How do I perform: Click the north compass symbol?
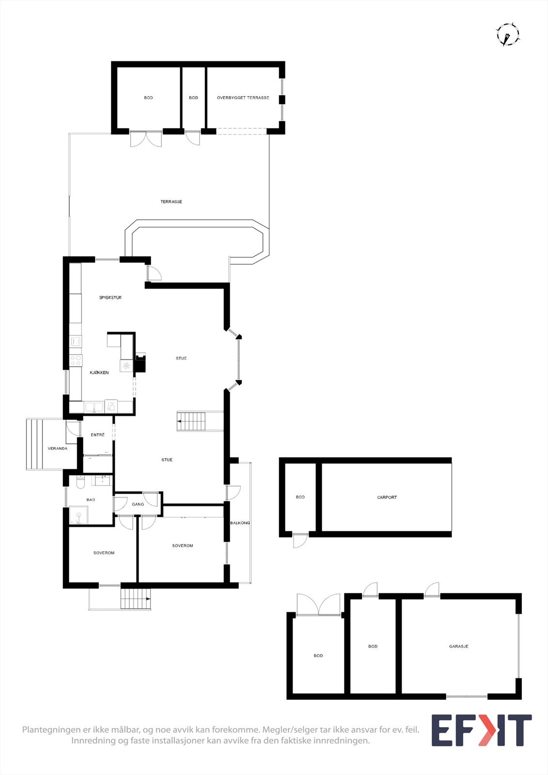pos(507,34)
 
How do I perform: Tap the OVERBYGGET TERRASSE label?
pos(243,98)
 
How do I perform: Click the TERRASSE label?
pos(172,201)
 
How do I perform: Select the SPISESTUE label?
pos(110,297)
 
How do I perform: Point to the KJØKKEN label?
pos(99,372)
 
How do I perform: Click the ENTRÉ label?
pos(98,435)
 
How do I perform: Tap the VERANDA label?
pos(58,449)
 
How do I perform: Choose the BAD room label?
pos(91,499)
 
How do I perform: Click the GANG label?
pos(138,504)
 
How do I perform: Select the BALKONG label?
pos(240,523)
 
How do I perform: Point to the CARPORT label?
pos(387,497)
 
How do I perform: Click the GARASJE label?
pos(458,646)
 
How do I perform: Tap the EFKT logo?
pos(481,730)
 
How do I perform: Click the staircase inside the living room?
pos(192,421)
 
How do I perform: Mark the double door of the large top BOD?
pos(146,139)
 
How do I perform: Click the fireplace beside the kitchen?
pos(140,362)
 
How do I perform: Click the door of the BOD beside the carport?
pos(300,540)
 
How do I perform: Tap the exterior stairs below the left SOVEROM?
pos(136,599)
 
